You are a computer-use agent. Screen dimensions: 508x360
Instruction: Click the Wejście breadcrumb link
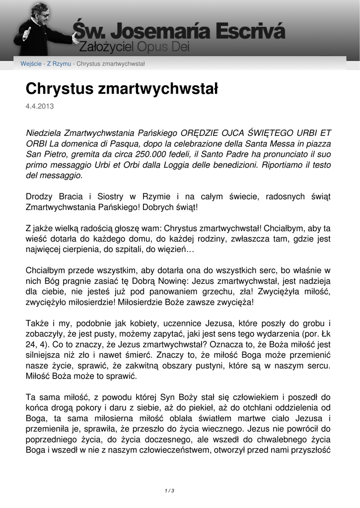[31, 64]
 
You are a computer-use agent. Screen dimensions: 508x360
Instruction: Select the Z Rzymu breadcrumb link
[59, 64]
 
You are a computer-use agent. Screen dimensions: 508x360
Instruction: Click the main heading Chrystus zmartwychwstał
[122, 89]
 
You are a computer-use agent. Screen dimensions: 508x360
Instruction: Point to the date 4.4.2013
[40, 106]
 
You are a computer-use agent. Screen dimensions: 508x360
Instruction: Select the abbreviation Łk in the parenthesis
[325, 334]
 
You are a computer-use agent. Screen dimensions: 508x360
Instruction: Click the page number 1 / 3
[169, 491]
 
